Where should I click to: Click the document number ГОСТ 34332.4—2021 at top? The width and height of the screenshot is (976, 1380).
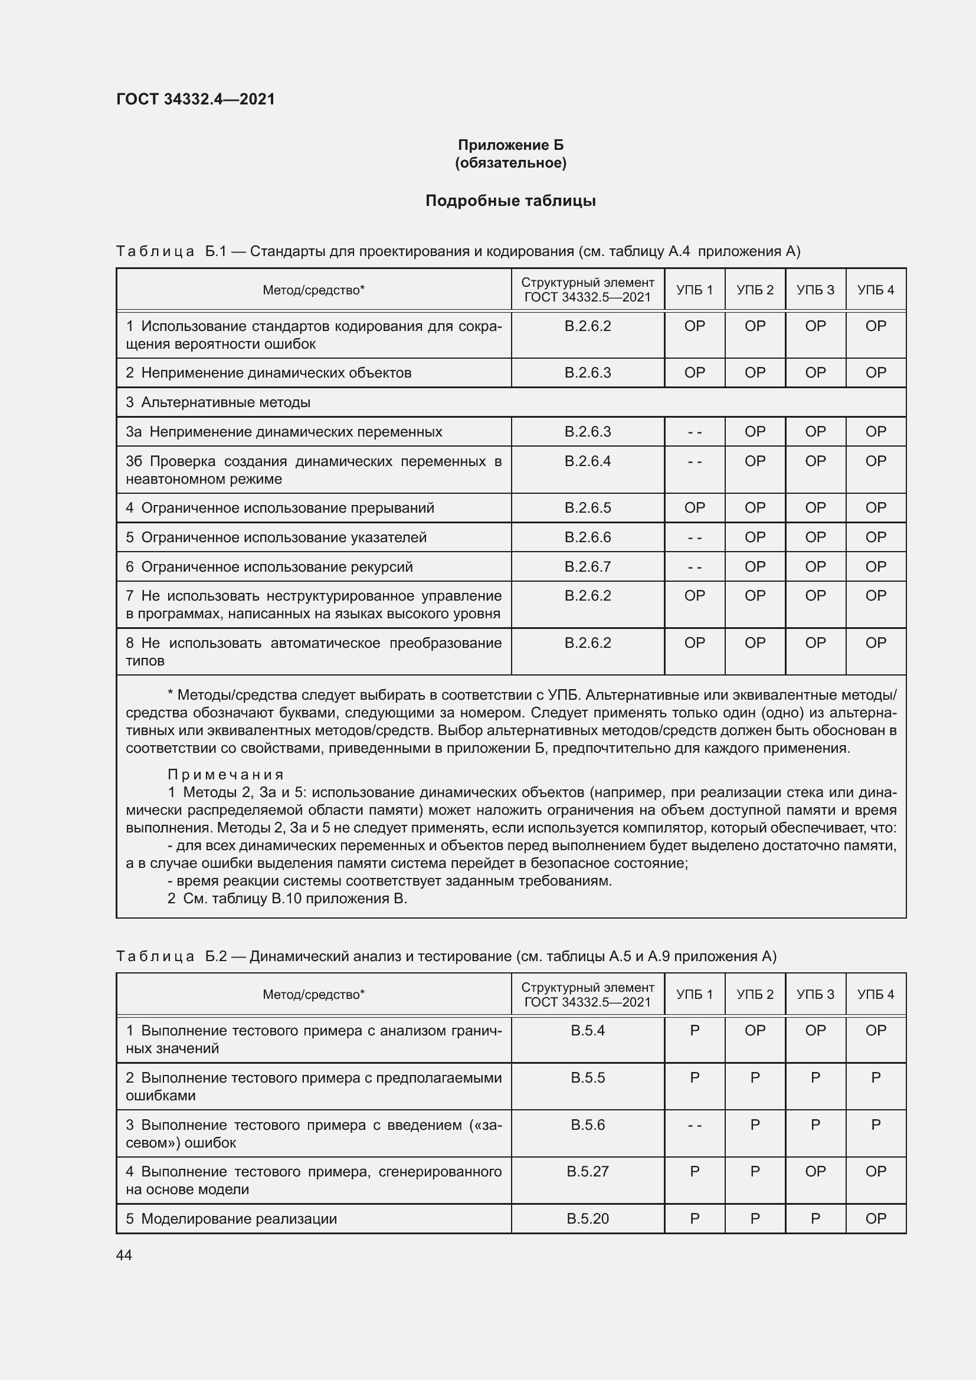[x=195, y=99]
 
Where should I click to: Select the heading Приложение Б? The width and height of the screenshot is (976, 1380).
[x=510, y=145]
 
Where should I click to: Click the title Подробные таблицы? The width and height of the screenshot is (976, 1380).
[x=510, y=201]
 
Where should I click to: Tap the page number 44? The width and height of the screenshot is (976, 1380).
[x=124, y=1255]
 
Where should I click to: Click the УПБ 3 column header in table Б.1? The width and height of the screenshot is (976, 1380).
[x=815, y=290]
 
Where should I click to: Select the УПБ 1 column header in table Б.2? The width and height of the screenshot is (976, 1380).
[x=694, y=994]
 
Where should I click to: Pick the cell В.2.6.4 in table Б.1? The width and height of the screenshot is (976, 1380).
[x=587, y=461]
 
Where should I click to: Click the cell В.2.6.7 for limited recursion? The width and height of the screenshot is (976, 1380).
[x=587, y=567]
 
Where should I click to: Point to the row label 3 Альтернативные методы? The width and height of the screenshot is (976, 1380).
[x=218, y=402]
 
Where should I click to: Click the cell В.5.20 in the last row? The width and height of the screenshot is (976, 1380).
[x=587, y=1218]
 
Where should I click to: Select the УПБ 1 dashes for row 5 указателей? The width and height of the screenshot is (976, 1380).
[x=694, y=537]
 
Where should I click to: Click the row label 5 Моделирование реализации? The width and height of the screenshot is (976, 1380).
[x=231, y=1218]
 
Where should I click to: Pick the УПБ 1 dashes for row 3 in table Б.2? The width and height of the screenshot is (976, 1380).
[x=694, y=1125]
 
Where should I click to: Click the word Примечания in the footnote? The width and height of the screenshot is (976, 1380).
[x=225, y=774]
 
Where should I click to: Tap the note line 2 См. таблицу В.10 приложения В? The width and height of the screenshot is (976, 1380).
[x=287, y=899]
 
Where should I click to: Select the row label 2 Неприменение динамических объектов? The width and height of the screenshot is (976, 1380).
[x=268, y=373]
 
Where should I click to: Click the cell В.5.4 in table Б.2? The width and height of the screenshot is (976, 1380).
[x=587, y=1030]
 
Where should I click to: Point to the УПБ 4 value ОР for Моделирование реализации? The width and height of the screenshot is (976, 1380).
[x=875, y=1218]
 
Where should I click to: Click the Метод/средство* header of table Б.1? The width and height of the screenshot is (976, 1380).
[x=313, y=290]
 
